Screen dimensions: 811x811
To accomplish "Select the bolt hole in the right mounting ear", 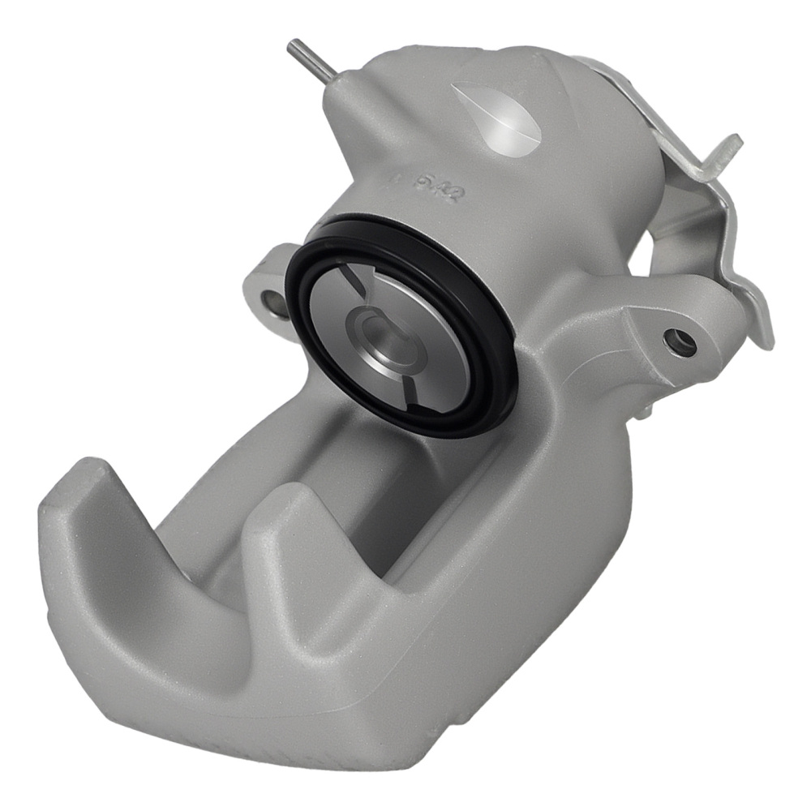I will point(678,341).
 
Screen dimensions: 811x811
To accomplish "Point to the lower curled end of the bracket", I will point(762,333).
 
